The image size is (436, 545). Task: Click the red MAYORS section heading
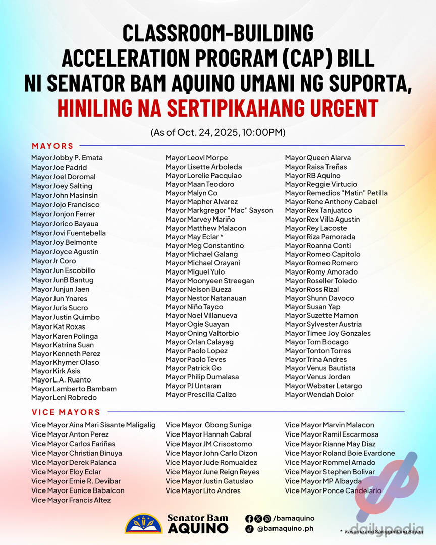pyautogui.click(x=52, y=146)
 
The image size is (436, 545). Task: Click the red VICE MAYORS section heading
pyautogui.click(x=66, y=412)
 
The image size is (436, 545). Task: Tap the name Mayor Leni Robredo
pyautogui.click(x=64, y=398)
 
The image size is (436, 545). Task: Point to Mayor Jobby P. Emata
pyautogui.click(x=67, y=158)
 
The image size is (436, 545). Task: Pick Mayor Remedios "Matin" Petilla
pyautogui.click(x=336, y=193)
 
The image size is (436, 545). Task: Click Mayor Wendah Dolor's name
pyautogui.click(x=319, y=395)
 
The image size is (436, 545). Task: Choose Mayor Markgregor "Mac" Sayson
pyautogui.click(x=219, y=210)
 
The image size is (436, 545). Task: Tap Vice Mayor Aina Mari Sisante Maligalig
pyautogui.click(x=93, y=425)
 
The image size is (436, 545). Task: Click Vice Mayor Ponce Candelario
pyautogui.click(x=333, y=491)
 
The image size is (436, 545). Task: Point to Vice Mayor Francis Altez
pyautogui.click(x=71, y=500)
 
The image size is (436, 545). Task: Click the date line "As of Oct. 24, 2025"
pyautogui.click(x=218, y=133)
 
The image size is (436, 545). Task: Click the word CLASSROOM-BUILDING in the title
pyautogui.click(x=218, y=33)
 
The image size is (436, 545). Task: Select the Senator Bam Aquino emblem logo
pyautogui.click(x=144, y=523)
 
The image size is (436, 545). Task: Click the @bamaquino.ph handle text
pyautogui.click(x=285, y=529)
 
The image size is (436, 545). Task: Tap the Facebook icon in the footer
pyautogui.click(x=249, y=518)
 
